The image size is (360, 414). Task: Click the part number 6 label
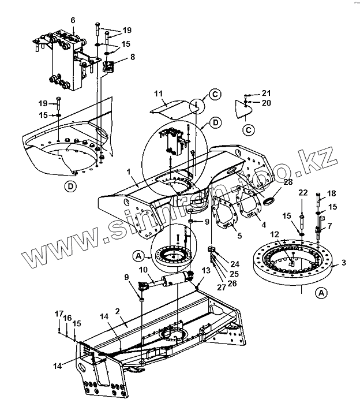click(73, 20)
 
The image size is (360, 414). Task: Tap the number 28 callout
click(288, 182)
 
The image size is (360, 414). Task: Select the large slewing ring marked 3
click(292, 263)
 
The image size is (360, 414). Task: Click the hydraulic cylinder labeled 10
click(167, 280)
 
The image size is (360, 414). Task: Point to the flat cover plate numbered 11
click(171, 110)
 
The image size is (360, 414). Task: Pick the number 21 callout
click(267, 93)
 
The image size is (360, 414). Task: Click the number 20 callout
click(267, 103)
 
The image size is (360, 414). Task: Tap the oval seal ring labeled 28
click(269, 202)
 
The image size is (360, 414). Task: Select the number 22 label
click(303, 193)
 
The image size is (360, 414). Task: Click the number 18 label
click(332, 193)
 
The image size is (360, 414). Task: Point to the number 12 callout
click(275, 234)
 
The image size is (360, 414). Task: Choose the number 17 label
click(59, 314)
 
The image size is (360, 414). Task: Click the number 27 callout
click(222, 288)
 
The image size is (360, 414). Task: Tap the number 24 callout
click(235, 264)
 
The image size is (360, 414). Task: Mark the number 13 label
click(206, 271)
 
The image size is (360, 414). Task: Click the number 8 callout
click(133, 57)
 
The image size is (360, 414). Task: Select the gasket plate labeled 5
click(224, 212)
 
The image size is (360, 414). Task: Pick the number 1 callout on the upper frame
click(129, 172)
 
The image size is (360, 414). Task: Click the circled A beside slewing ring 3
click(321, 293)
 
